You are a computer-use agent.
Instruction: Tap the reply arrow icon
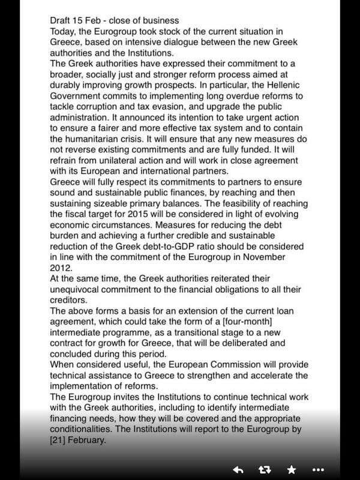click(x=238, y=469)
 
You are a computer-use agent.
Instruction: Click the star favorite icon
click(x=292, y=469)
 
